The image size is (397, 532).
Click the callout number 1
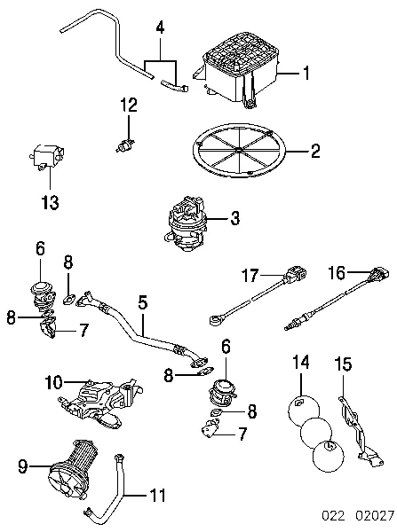(x=306, y=73)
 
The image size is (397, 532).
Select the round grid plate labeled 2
(x=239, y=150)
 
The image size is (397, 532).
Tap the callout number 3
(x=234, y=218)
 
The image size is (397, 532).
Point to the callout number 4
(x=160, y=27)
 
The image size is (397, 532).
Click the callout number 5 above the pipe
(x=143, y=302)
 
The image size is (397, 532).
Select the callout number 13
(x=50, y=202)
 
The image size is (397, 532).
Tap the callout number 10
(x=53, y=383)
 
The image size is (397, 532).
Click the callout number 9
(x=23, y=466)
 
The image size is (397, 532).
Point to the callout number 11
(x=157, y=496)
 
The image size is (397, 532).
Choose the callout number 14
(x=301, y=362)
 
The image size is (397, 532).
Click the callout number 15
(x=344, y=364)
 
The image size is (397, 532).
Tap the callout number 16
(x=337, y=273)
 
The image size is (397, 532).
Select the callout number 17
(x=250, y=275)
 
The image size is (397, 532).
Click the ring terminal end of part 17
(x=215, y=320)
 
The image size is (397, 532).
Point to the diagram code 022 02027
(x=358, y=516)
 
